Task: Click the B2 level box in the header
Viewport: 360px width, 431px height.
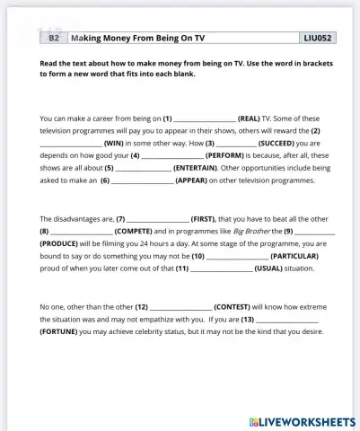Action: click(54, 39)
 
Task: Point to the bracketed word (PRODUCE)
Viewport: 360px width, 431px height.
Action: click(59, 243)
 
